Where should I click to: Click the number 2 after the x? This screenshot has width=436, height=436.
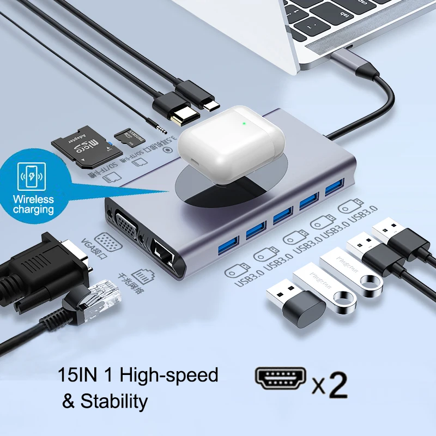[x=338, y=384]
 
